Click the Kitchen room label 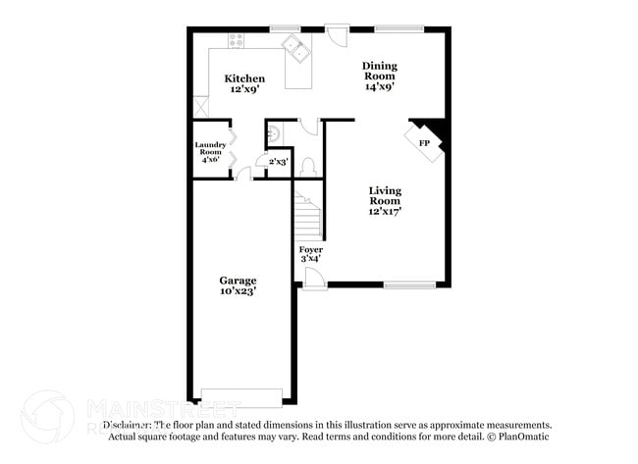244,78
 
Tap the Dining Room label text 379,71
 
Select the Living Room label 385,195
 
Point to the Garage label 238,280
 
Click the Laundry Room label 210,149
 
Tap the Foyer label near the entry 310,250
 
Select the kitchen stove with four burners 236,40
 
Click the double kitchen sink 294,45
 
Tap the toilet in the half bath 306,166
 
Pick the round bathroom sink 274,132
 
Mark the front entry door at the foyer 315,279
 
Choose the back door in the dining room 338,34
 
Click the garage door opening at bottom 240,397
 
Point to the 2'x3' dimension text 279,162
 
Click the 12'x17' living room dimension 385,210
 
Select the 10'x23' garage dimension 238,291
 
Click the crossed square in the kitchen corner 200,107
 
